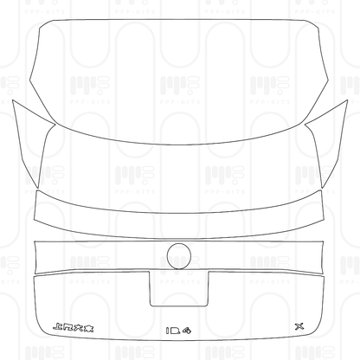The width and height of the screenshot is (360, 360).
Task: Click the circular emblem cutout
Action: tap(179, 256)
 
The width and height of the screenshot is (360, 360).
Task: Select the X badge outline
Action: tap(300, 326)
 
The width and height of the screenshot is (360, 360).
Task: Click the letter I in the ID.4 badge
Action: tap(168, 330)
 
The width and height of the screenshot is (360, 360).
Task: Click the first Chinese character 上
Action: tap(57, 326)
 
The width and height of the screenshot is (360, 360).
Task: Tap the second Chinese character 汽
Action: tap(68, 326)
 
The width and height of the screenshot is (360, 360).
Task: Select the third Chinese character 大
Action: tap(80, 326)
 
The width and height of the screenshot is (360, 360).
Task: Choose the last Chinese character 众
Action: tap(91, 326)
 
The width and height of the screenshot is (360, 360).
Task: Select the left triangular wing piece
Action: tap(30, 138)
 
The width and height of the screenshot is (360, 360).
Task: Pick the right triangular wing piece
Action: tap(329, 138)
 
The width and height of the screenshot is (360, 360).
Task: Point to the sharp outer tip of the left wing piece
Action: tap(14, 101)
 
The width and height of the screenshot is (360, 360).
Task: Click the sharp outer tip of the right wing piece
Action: tap(346, 101)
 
